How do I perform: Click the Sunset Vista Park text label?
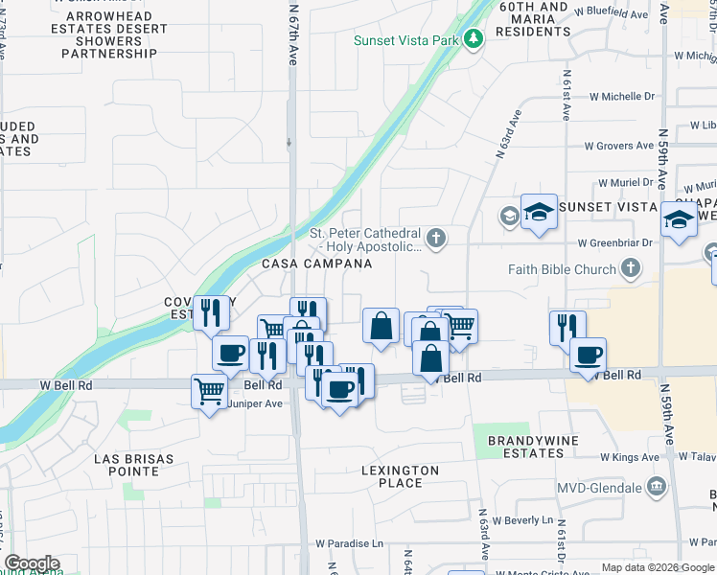[x=405, y=40]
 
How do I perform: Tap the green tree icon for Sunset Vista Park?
[x=473, y=39]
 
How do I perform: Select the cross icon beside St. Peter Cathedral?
[x=436, y=238]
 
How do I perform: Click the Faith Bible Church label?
[x=570, y=269]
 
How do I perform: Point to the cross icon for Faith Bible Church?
[x=631, y=268]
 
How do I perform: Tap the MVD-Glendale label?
[x=600, y=488]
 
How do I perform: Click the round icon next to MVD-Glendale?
[x=656, y=487]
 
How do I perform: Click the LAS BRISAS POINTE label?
[x=133, y=465]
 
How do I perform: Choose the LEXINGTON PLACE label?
[x=400, y=476]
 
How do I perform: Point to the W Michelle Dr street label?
[x=621, y=97]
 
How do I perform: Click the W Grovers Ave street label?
[x=618, y=146]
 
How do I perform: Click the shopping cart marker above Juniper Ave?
[x=209, y=391]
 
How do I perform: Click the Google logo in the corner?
[x=31, y=563]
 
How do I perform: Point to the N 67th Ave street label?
[x=293, y=34]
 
